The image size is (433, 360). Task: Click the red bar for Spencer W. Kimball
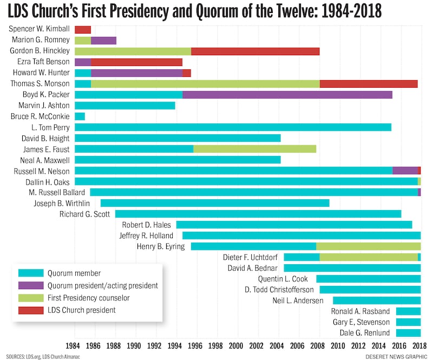83,29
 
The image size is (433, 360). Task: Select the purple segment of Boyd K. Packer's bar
287,95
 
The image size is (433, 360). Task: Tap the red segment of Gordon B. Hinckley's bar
255,51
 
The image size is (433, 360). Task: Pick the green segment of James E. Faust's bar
254,149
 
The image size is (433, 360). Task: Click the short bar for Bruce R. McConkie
80,116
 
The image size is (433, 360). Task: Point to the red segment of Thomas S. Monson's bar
369,84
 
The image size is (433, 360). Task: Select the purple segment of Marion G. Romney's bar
103,40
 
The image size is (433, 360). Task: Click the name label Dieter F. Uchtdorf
250,257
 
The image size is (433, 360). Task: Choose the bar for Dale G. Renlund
408,333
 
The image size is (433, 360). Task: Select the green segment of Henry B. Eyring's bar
368,246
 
